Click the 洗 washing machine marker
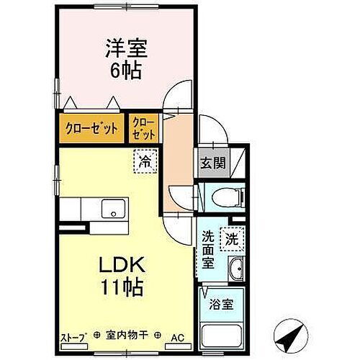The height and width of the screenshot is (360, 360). [232, 237]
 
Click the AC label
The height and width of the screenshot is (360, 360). [176, 337]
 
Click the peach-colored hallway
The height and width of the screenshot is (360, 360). [176, 166]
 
